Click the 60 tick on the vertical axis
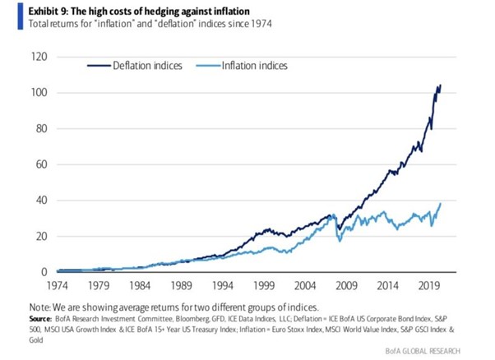[38, 164]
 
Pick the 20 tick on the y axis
[38, 236]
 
